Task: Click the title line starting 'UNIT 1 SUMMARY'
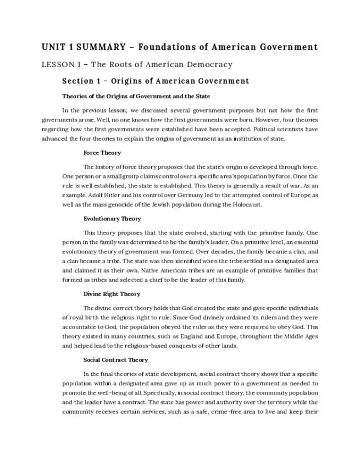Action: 180,47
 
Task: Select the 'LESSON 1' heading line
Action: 137,65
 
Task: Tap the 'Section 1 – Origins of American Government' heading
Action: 156,81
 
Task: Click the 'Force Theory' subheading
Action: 102,153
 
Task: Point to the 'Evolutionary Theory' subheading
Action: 112,219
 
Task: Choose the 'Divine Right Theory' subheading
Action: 112,294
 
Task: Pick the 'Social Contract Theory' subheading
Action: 115,360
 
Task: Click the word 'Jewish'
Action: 163,204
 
